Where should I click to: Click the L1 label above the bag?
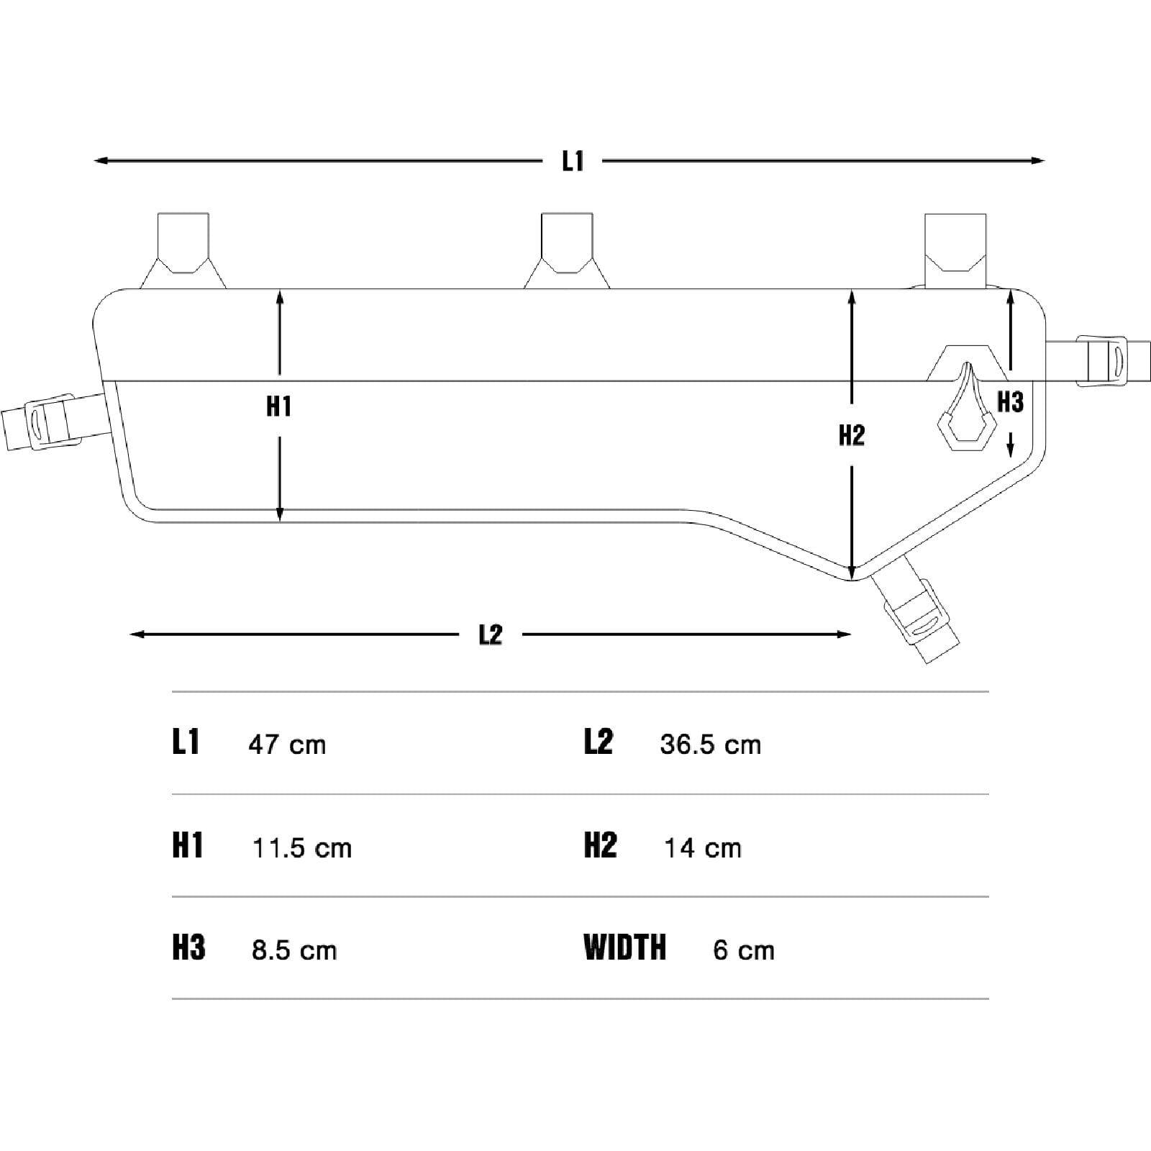(x=573, y=161)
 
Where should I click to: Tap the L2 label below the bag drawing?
(x=491, y=634)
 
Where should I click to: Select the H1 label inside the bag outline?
(x=279, y=406)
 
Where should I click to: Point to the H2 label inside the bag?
(x=852, y=435)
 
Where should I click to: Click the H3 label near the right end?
(x=1010, y=401)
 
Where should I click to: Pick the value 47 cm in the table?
(x=287, y=745)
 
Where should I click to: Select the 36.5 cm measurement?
(x=710, y=745)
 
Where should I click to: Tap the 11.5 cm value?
(x=302, y=848)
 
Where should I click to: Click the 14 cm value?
(x=702, y=848)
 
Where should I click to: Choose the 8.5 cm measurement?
(x=294, y=950)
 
